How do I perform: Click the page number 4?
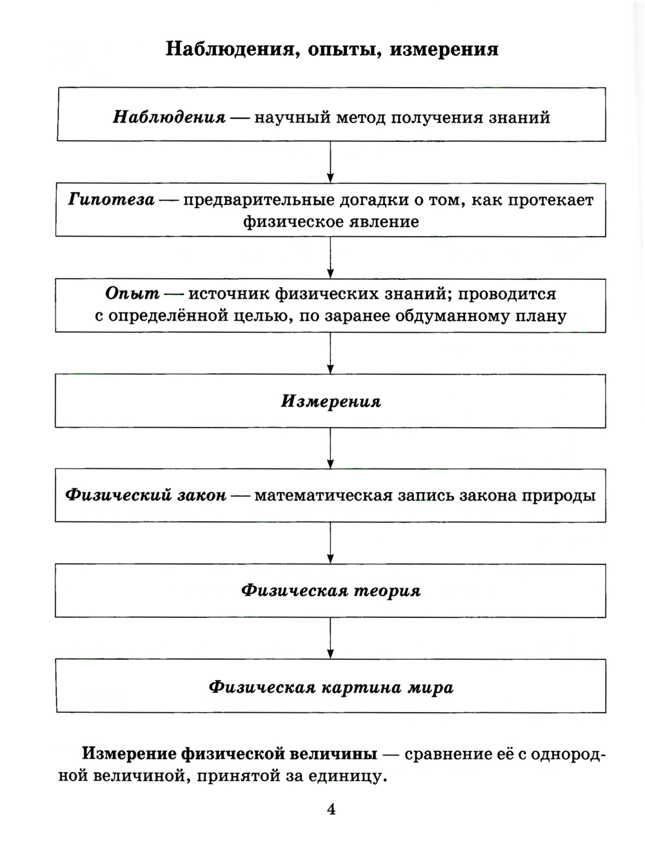[x=331, y=809]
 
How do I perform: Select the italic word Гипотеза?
[x=111, y=199]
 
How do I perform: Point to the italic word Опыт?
[x=132, y=294]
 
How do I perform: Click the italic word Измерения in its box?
[x=330, y=401]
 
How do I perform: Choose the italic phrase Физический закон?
[x=146, y=495]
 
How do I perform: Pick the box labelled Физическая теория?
[x=330, y=591]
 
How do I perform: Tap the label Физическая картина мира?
[x=330, y=687]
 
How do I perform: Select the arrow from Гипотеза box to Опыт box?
[x=330, y=257]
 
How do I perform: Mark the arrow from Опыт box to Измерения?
[x=330, y=353]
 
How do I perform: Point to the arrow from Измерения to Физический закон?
[x=330, y=448]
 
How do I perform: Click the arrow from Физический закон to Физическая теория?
[x=330, y=543]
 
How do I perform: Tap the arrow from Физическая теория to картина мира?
[x=330, y=638]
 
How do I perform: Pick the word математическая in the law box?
[x=323, y=495]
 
